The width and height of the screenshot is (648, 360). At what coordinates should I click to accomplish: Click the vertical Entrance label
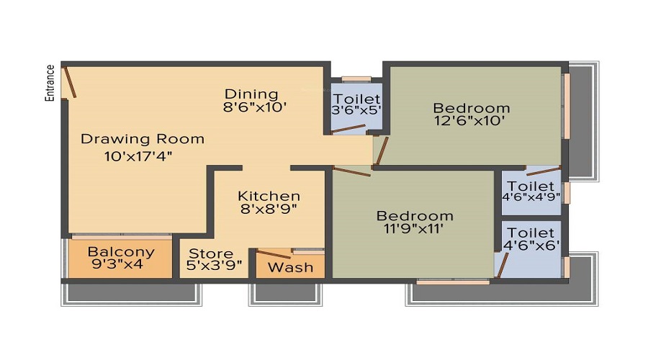point(50,83)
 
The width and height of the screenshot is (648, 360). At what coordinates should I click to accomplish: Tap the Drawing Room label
point(142,139)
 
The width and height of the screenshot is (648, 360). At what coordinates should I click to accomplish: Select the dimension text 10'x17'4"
point(137,155)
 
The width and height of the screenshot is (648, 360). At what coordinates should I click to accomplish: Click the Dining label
point(251,94)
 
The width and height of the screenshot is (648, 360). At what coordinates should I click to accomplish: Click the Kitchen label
point(269,197)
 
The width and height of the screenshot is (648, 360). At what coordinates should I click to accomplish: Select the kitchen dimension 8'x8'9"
point(269,210)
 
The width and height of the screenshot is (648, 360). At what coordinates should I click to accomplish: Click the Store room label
point(211,253)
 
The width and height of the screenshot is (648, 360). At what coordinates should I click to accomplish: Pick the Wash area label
point(291,267)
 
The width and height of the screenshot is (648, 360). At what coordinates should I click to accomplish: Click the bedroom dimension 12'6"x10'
point(471,122)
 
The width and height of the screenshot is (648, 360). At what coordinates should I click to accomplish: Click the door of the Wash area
point(274,253)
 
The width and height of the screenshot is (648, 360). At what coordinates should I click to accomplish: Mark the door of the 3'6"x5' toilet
point(348,130)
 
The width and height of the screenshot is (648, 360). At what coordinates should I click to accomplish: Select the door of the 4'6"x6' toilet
point(500,264)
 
